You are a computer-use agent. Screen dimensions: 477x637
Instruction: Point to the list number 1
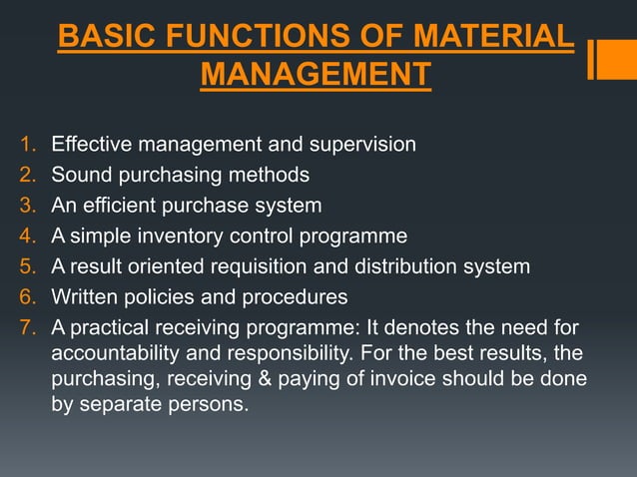click(x=26, y=145)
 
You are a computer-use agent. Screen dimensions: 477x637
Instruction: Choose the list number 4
click(x=26, y=237)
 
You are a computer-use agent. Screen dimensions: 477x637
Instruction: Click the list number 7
click(x=26, y=328)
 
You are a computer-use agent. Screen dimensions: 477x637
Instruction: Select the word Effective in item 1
click(x=92, y=145)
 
